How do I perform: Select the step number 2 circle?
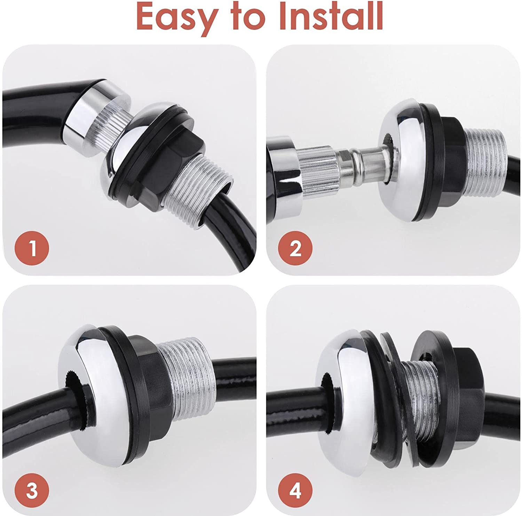coord(295,248)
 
